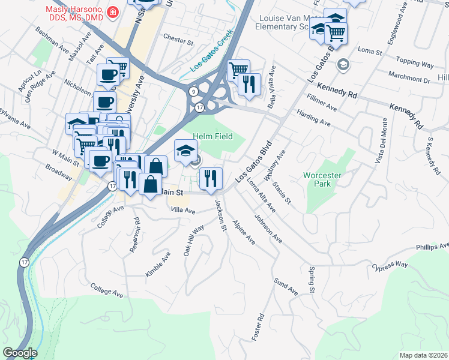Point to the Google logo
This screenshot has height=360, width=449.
click(20, 353)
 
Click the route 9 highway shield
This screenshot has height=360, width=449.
click(193, 91)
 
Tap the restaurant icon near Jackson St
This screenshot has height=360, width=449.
click(210, 178)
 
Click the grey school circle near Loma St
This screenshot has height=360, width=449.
click(343, 64)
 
